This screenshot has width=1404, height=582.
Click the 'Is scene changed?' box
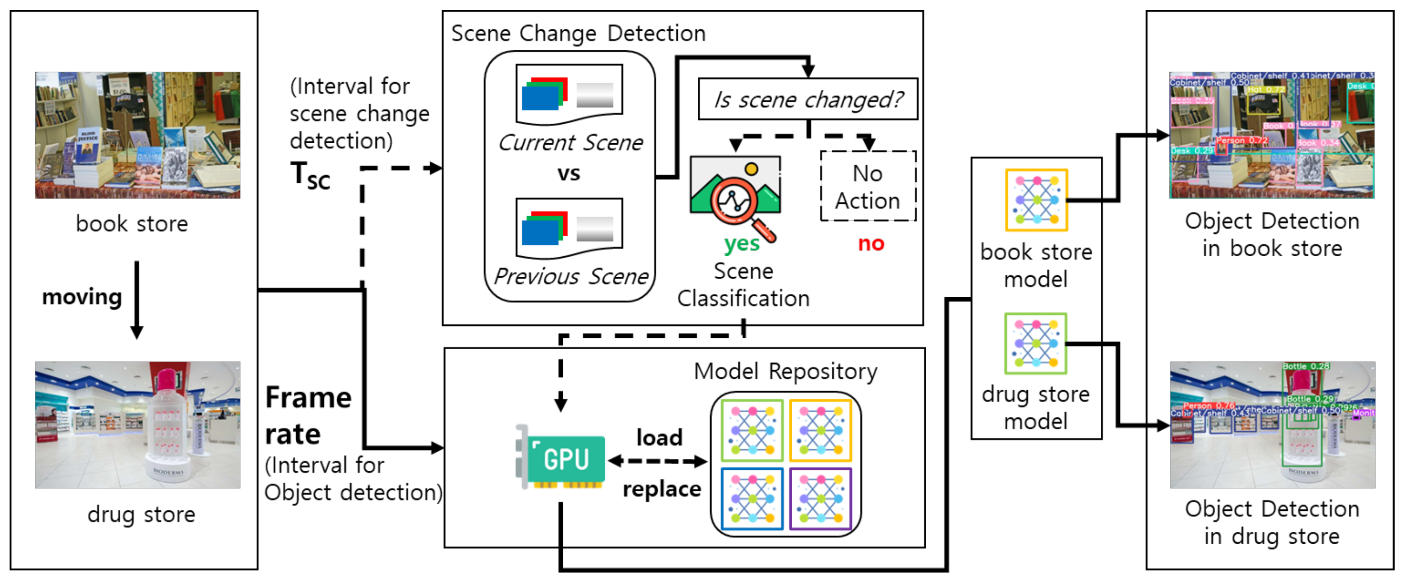point(808,100)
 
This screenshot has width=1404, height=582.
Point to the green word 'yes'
point(742,243)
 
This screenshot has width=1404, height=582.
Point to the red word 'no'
point(871,243)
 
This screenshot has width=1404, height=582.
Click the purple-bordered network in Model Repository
point(820,498)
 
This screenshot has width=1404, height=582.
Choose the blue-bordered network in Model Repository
point(752,498)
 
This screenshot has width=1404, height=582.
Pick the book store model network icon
point(1036,200)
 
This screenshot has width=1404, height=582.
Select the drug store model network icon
point(1035,343)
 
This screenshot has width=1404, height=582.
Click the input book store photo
point(137,134)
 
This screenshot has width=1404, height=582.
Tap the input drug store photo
point(137,424)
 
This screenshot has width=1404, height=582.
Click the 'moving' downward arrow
point(137,299)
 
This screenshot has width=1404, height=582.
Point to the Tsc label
point(309,175)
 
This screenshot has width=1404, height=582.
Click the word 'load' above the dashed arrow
point(659,437)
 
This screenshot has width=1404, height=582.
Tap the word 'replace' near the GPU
point(662,489)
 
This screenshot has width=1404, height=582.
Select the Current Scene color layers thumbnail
point(569,93)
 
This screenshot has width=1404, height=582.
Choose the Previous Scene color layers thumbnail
point(569,227)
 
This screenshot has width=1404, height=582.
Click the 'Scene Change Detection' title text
point(578,34)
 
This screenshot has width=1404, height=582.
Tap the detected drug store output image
point(1272,424)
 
